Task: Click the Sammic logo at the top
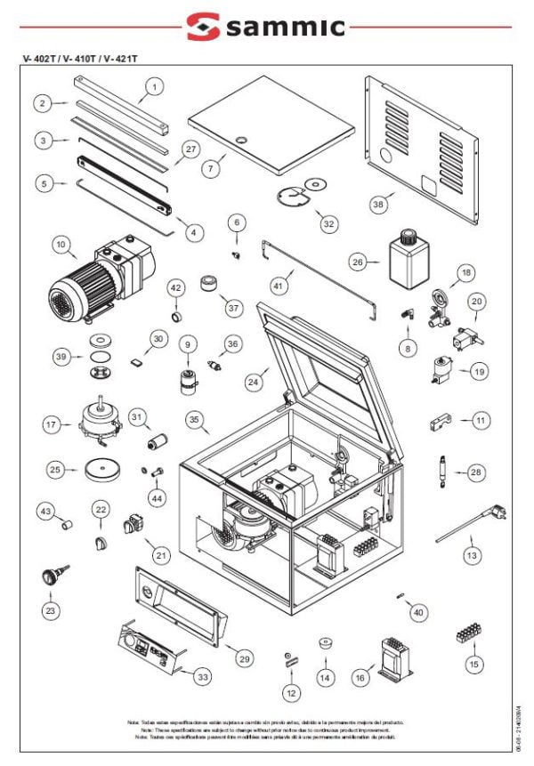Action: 268,27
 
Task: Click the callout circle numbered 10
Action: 60,243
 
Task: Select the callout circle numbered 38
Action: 378,204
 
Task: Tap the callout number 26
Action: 358,262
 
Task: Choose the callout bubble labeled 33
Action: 204,677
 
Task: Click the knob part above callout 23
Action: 51,575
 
